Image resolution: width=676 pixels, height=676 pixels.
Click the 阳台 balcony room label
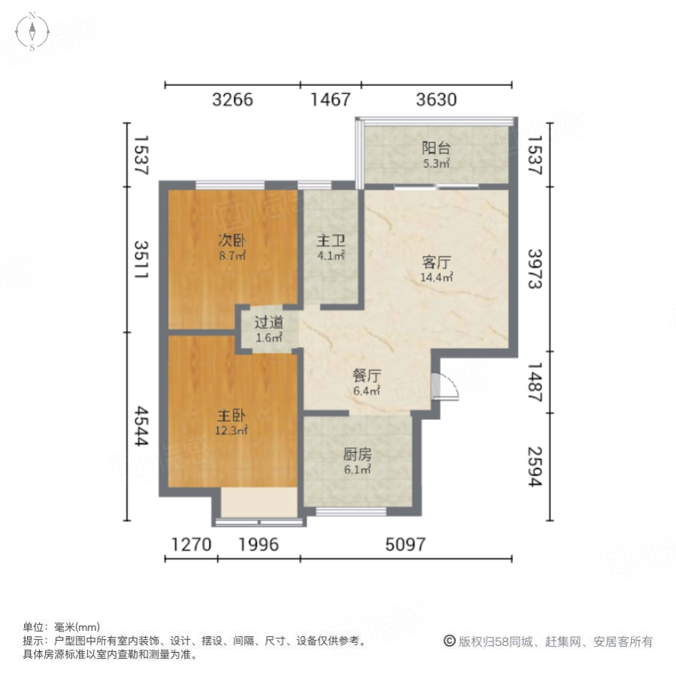(x=436, y=149)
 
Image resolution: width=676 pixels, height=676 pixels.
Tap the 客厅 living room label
(x=436, y=263)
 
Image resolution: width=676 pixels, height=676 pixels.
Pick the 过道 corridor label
(x=268, y=323)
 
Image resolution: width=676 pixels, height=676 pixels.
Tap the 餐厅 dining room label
(x=367, y=376)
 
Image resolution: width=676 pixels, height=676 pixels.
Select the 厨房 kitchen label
(x=358, y=455)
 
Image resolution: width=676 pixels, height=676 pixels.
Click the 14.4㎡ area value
(x=436, y=277)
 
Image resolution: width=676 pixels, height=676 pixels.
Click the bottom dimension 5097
(x=406, y=545)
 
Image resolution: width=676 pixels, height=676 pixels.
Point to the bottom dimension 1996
(x=258, y=545)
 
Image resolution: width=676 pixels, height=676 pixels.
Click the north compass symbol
(x=33, y=30)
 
